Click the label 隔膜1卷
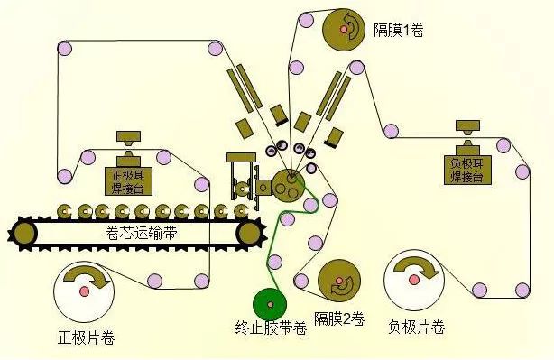(x=398, y=30)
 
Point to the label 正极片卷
(x=86, y=339)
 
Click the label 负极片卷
(x=416, y=327)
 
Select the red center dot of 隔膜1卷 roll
(x=344, y=31)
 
